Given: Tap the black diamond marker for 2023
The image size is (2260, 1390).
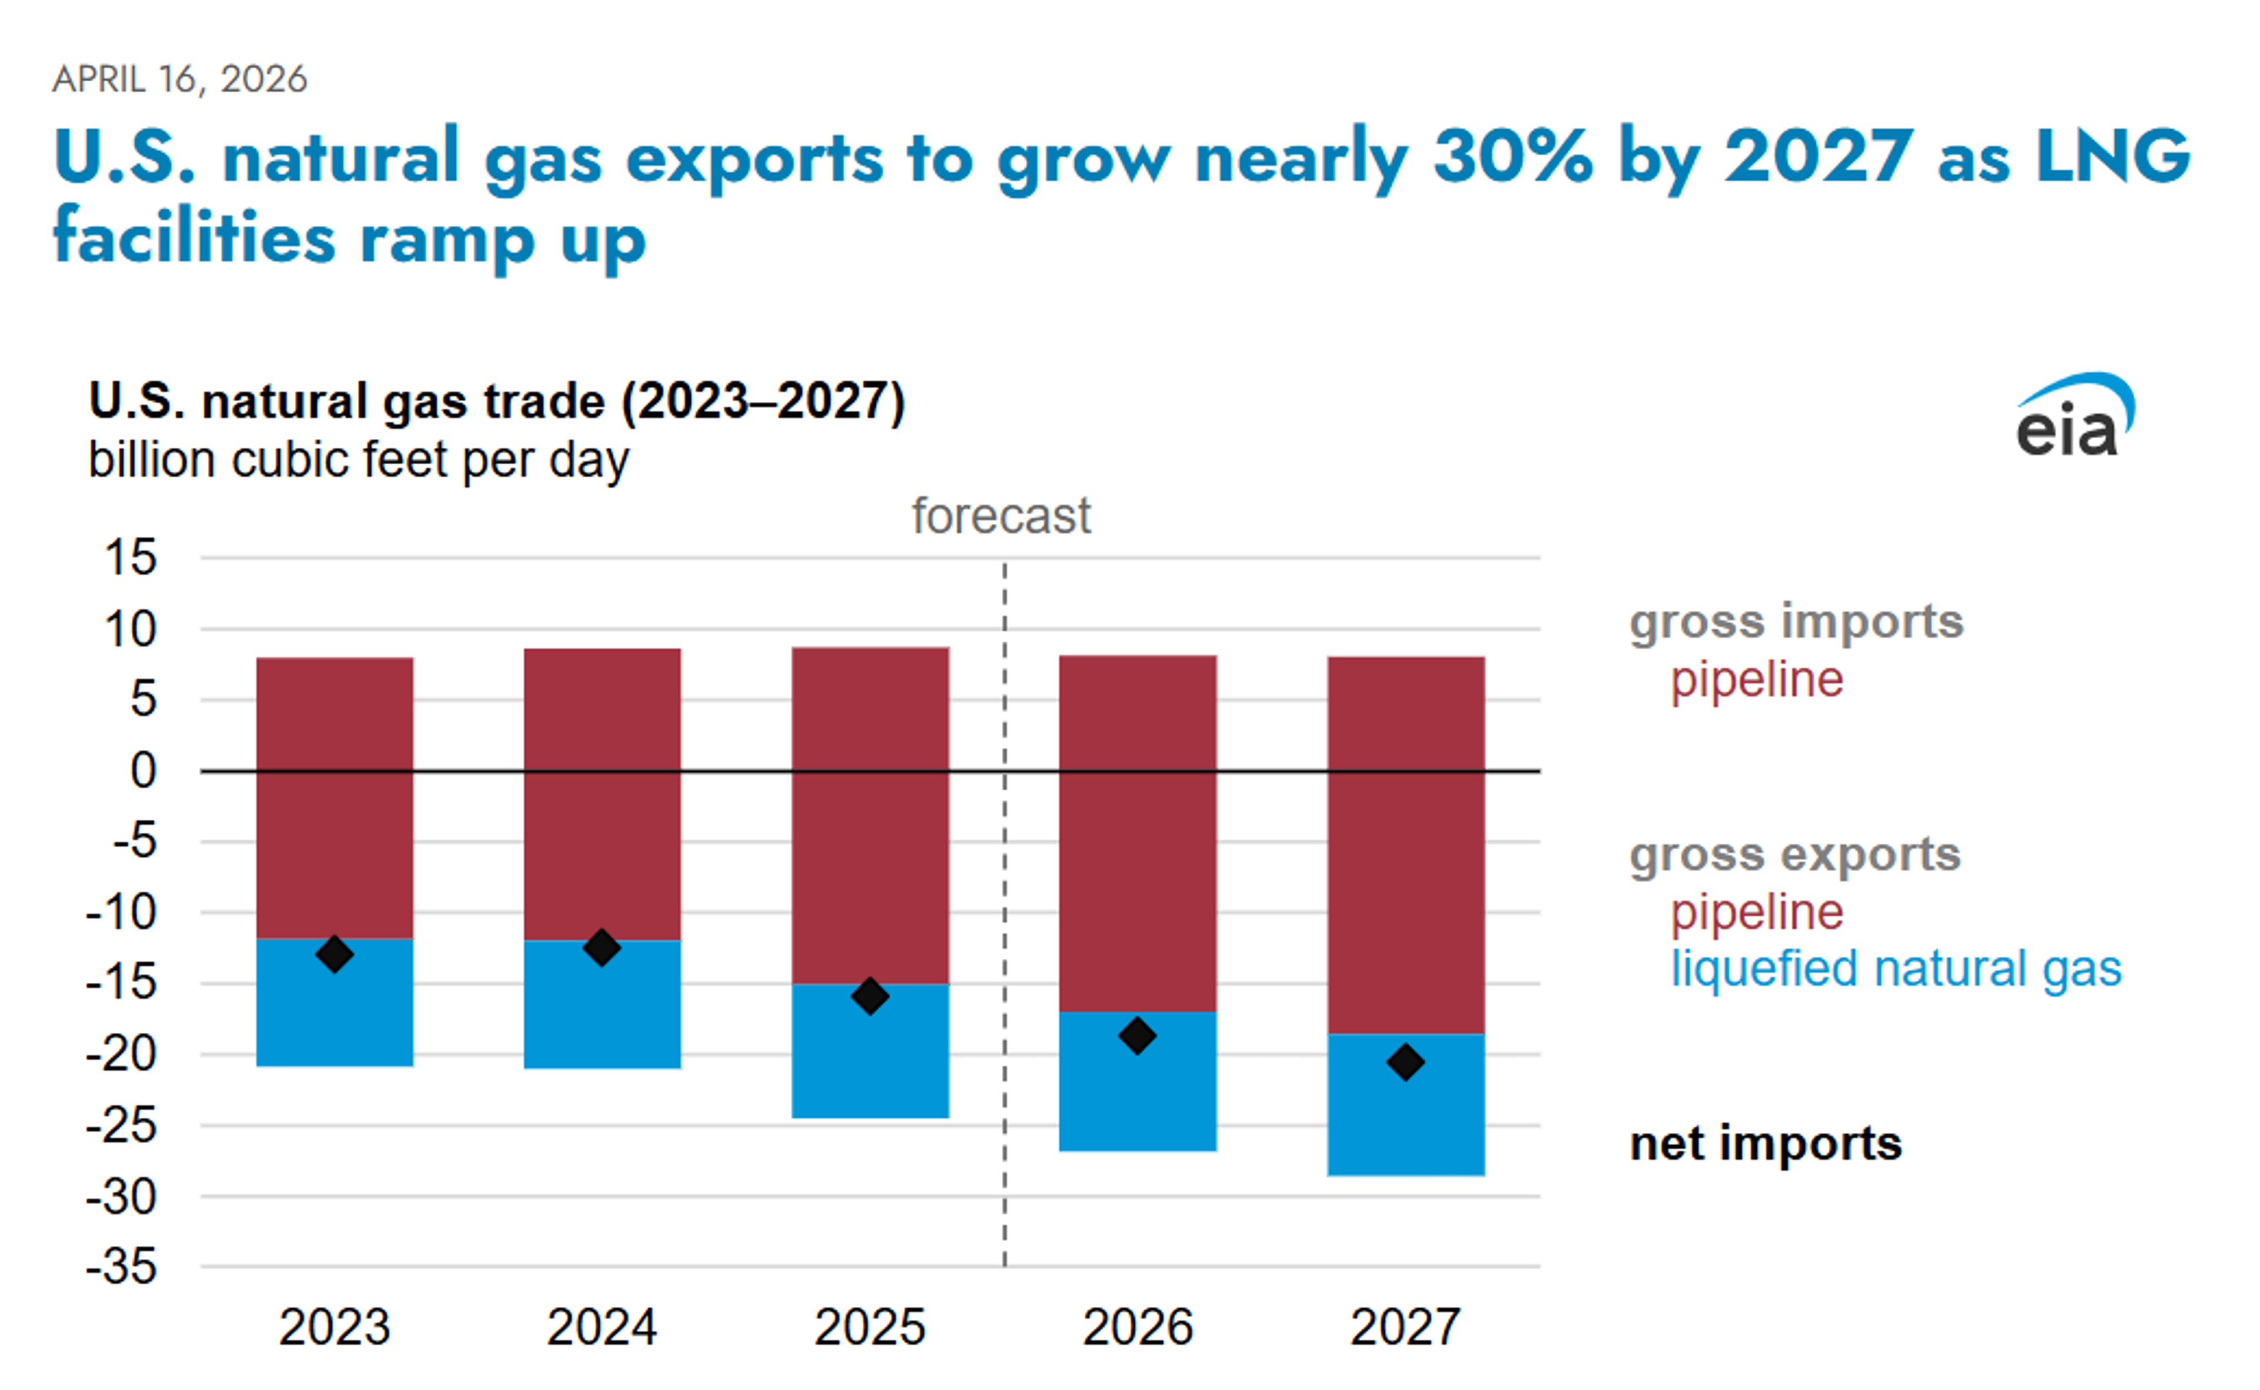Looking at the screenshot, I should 335,955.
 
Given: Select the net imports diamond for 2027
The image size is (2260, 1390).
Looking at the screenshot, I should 1405,1063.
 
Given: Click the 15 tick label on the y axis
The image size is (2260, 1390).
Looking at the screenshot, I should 131,558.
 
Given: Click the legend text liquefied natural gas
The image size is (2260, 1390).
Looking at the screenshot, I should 1896,969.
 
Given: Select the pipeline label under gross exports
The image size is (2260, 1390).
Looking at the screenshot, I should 1757,912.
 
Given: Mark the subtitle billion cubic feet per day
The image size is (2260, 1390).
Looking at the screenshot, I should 358,460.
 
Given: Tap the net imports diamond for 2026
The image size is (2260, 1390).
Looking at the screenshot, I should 1137,1036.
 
